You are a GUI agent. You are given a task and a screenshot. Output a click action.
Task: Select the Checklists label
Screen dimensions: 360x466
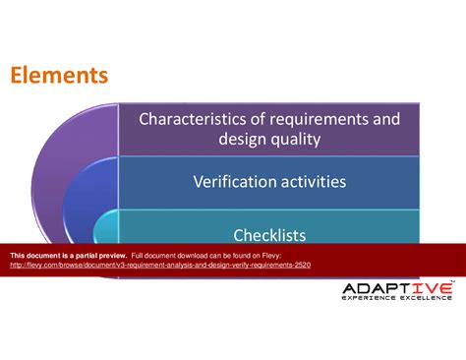click(268, 235)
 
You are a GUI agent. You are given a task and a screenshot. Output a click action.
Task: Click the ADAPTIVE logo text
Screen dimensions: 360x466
click(396, 287)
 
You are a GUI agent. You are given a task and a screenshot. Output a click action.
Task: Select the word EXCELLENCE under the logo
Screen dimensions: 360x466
click(426, 297)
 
